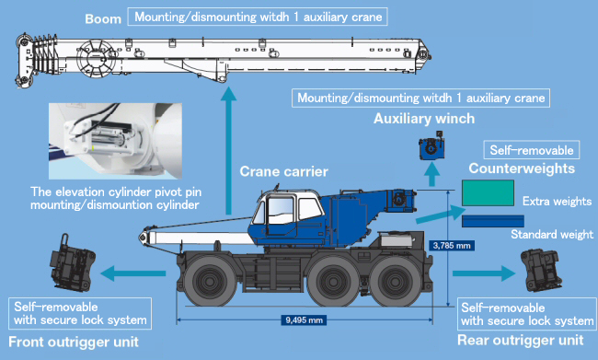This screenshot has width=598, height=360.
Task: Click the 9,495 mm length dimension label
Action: click(x=304, y=319)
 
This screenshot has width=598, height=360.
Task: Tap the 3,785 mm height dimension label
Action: click(x=452, y=245)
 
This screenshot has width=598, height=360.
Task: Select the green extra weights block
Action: click(x=488, y=192)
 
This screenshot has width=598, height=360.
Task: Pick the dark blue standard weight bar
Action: click(x=493, y=221)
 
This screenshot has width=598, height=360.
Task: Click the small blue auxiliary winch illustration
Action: click(x=431, y=145)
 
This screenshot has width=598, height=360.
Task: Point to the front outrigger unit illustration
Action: click(x=72, y=262)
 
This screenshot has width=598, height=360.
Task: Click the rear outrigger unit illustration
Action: click(x=542, y=270)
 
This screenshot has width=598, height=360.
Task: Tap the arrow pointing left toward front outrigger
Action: click(x=133, y=273)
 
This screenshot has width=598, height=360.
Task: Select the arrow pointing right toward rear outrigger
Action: click(x=484, y=273)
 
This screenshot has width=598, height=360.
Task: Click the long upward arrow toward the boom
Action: click(x=228, y=150)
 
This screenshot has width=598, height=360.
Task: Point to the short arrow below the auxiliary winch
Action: click(x=431, y=174)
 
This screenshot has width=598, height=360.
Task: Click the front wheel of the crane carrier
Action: click(x=210, y=282)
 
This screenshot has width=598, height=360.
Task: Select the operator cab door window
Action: click(x=282, y=210)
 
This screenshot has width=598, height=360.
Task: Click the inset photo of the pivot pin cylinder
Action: click(x=115, y=141)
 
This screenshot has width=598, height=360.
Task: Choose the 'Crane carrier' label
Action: click(x=283, y=171)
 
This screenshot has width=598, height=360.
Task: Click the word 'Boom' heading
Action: click(x=103, y=18)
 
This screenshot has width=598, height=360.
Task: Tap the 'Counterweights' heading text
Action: click(x=522, y=168)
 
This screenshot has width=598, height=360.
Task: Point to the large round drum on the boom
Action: click(x=96, y=58)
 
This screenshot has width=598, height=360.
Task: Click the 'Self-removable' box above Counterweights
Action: click(x=532, y=150)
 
